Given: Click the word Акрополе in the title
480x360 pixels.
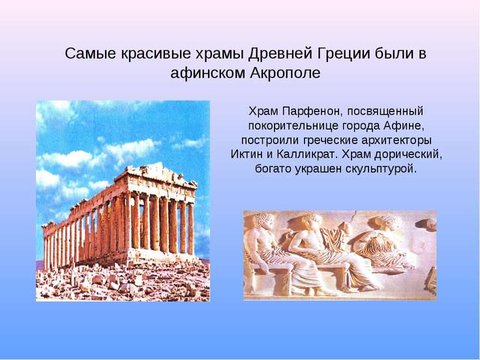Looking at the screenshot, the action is coord(286,73).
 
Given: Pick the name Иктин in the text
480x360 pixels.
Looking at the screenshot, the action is coord(247,154).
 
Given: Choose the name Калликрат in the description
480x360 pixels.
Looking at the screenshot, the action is coord(307,154).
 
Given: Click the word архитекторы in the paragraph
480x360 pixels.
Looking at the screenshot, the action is coord(396,140).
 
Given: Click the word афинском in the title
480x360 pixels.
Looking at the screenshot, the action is coord(209,73).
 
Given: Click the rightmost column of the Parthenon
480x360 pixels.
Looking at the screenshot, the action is coord(190,228).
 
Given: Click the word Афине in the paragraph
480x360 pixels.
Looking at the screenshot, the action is coord(404,125).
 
